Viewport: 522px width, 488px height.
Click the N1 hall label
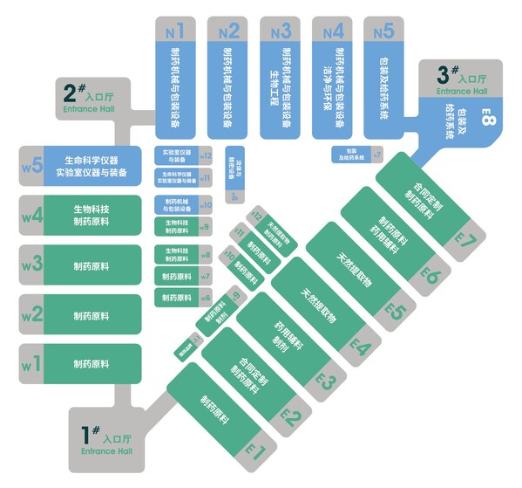coord(175,31)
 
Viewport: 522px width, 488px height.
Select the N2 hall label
coord(228,31)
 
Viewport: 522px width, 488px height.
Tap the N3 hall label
coord(281,31)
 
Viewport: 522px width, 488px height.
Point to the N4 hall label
coord(332,31)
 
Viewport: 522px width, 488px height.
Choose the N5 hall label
coord(383,31)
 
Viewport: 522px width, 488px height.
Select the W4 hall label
coord(32,215)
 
